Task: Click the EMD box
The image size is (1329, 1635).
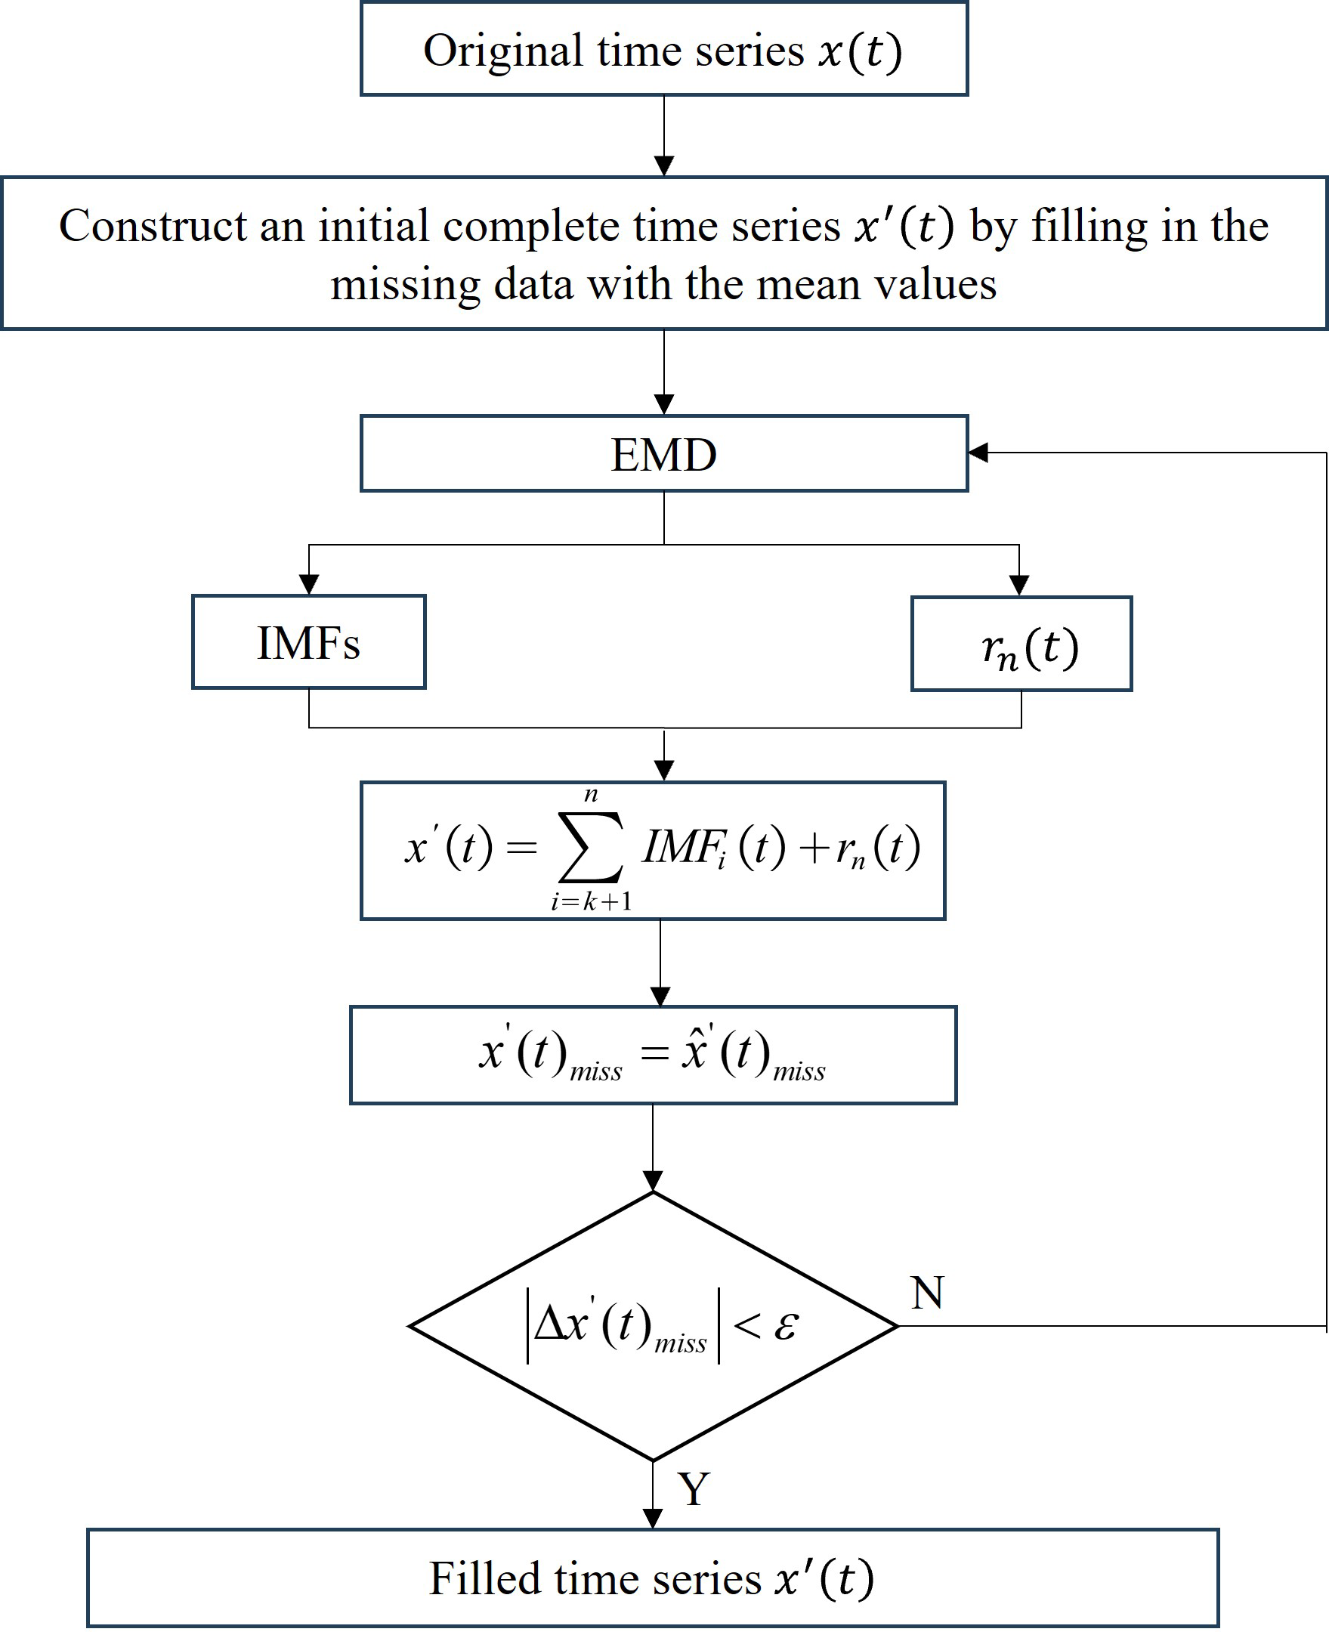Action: pyautogui.click(x=663, y=454)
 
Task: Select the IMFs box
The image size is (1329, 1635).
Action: pyautogui.click(x=308, y=642)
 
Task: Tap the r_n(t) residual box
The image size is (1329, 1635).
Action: pyautogui.click(x=1021, y=644)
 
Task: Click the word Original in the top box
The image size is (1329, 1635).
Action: pyautogui.click(x=503, y=51)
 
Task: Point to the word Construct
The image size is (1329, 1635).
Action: pyautogui.click(x=153, y=226)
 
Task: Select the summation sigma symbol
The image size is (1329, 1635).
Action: pyautogui.click(x=590, y=848)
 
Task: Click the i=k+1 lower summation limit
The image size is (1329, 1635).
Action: pyautogui.click(x=591, y=901)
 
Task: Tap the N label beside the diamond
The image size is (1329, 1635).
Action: pyautogui.click(x=927, y=1293)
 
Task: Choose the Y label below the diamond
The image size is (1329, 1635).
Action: pyautogui.click(x=694, y=1488)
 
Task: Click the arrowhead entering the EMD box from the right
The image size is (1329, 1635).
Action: pyautogui.click(x=978, y=453)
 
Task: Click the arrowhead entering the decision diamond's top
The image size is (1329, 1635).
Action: pyautogui.click(x=653, y=1181)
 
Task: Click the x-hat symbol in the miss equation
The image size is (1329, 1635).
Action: pyautogui.click(x=694, y=1051)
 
